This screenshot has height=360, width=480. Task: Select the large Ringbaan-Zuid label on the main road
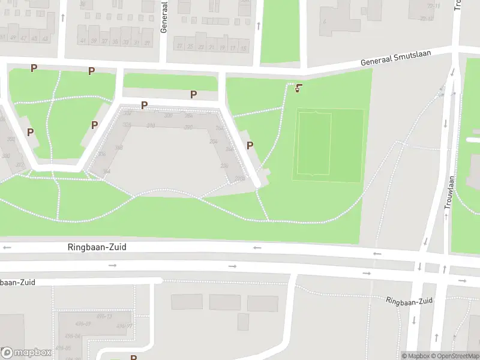(97, 247)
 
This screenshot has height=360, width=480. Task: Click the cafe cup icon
(298, 89)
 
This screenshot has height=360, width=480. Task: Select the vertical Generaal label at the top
(164, 16)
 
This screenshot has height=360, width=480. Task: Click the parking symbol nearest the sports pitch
(250, 145)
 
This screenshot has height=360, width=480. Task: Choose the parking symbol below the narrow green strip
(193, 94)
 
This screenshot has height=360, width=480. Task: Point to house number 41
(83, 41)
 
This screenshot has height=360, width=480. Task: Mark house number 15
(244, 47)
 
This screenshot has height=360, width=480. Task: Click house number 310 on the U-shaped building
(151, 125)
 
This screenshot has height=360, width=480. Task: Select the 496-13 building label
(105, 316)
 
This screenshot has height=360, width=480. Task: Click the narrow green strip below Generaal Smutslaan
(170, 82)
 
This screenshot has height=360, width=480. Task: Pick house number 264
(213, 141)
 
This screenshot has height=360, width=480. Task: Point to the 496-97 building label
(125, 326)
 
